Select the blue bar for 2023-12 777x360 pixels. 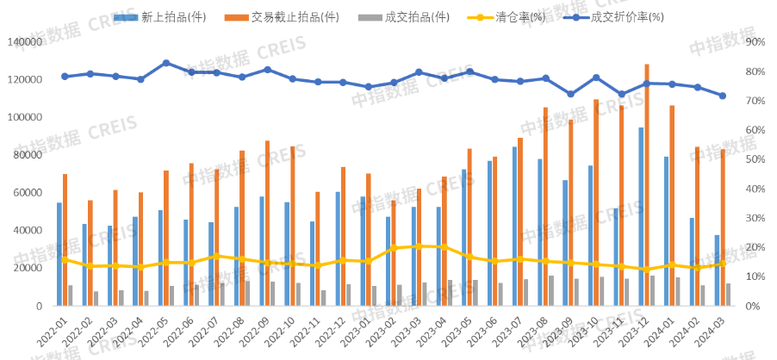tap(640, 216)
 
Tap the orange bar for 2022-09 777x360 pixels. tap(267, 222)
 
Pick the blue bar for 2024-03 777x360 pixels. tap(716, 270)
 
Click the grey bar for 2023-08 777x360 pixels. tap(551, 290)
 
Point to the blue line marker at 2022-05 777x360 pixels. tap(166, 63)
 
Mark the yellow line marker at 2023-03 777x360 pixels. tap(419, 246)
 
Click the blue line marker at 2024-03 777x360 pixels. tap(723, 96)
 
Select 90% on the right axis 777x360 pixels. tap(755, 41)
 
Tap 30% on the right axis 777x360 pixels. tap(755, 218)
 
